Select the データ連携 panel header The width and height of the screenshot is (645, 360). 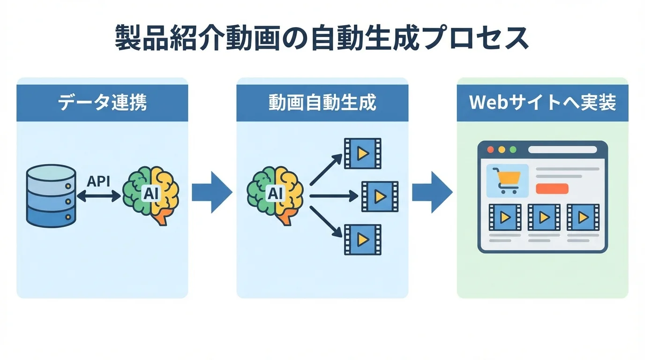[102, 103]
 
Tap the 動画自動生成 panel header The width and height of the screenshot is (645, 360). [322, 103]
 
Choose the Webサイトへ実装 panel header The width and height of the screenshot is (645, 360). [542, 103]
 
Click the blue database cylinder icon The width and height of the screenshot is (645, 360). [51, 195]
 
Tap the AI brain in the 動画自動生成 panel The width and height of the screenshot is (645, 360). [275, 194]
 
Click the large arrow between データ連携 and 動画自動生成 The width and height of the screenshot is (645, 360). [212, 192]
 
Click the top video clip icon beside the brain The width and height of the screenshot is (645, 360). [362, 153]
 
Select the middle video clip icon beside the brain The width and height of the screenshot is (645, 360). [380, 196]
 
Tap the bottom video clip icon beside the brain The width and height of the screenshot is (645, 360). [362, 240]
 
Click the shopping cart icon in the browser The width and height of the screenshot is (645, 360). [508, 181]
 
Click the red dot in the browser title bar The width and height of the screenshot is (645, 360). [491, 150]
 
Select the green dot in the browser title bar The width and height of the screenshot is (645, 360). [513, 150]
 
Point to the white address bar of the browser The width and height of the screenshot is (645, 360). [562, 150]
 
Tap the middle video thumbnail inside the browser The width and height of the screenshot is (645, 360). [544, 217]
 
